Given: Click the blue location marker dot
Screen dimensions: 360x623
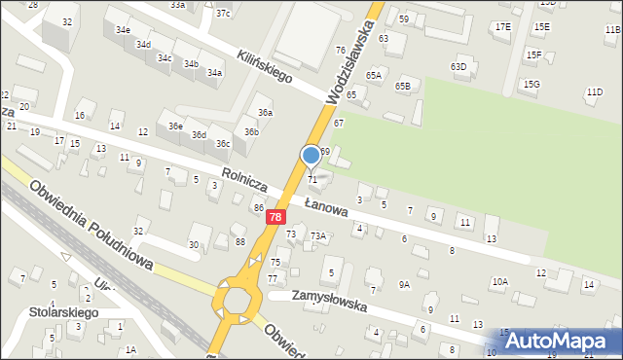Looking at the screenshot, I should pos(311,154).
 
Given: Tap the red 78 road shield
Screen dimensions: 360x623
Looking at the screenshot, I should pos(276,218).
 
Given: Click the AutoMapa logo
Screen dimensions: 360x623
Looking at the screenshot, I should pos(560,341).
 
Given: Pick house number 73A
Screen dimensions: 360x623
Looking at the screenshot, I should pos(317,235).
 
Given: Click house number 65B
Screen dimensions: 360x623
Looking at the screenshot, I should pos(402,87).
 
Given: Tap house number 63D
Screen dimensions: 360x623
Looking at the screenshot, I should pos(458,66).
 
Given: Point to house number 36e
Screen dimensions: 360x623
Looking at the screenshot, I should pos(174,126).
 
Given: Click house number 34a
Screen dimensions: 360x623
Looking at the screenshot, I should pos(214,73).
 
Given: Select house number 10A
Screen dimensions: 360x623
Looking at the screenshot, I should pos(499,281).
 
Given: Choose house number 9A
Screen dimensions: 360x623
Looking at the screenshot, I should pos(404,285).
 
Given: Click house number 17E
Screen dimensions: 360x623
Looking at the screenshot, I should pos(502,26).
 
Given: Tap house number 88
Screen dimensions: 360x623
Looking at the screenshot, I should pos(239,241).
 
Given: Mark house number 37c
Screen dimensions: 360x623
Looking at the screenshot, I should pos(223,13).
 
